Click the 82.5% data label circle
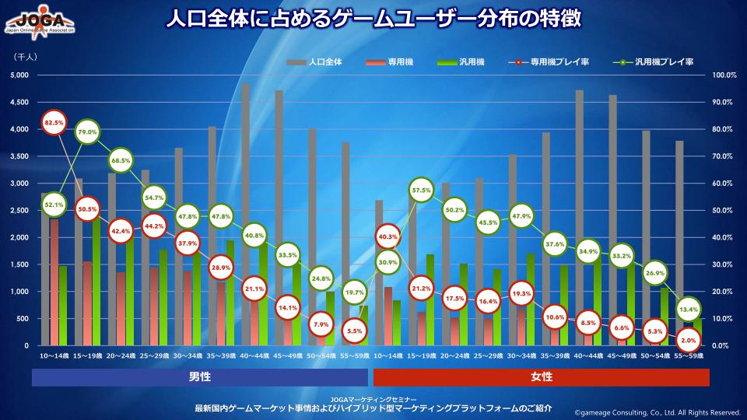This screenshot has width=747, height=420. tap(54, 123)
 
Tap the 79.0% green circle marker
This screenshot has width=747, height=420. tap(87, 132)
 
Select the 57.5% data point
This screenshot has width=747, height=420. tap(421, 190)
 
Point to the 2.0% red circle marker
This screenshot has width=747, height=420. tap(688, 340)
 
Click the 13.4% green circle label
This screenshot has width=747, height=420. tap(688, 309)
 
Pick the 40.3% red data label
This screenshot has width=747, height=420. tap(388, 236)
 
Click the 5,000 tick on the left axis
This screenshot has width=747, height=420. tap(19, 75)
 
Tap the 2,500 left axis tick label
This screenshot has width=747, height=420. tap(19, 211)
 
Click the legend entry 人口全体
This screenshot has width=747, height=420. tap(314, 61)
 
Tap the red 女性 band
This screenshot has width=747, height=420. tap(542, 377)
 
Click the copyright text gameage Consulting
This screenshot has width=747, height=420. tap(657, 412)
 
